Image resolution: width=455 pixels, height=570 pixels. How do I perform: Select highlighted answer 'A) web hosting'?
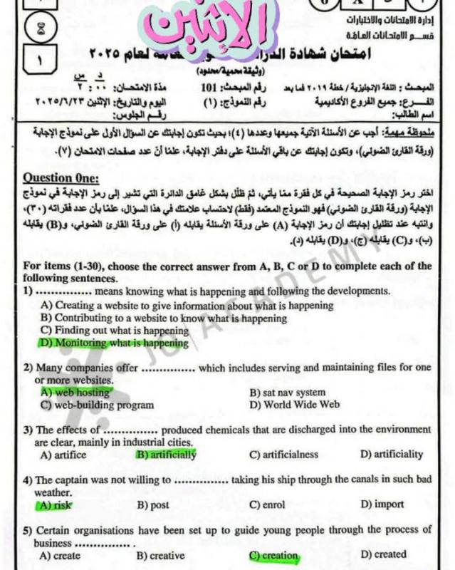click(x=75, y=392)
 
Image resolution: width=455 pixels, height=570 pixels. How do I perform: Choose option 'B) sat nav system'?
click(x=287, y=392)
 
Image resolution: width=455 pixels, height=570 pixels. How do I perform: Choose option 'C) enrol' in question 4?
click(x=267, y=504)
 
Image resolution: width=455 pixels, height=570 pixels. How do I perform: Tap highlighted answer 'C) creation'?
click(x=273, y=555)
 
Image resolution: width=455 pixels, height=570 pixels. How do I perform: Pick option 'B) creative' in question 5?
click(x=160, y=555)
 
